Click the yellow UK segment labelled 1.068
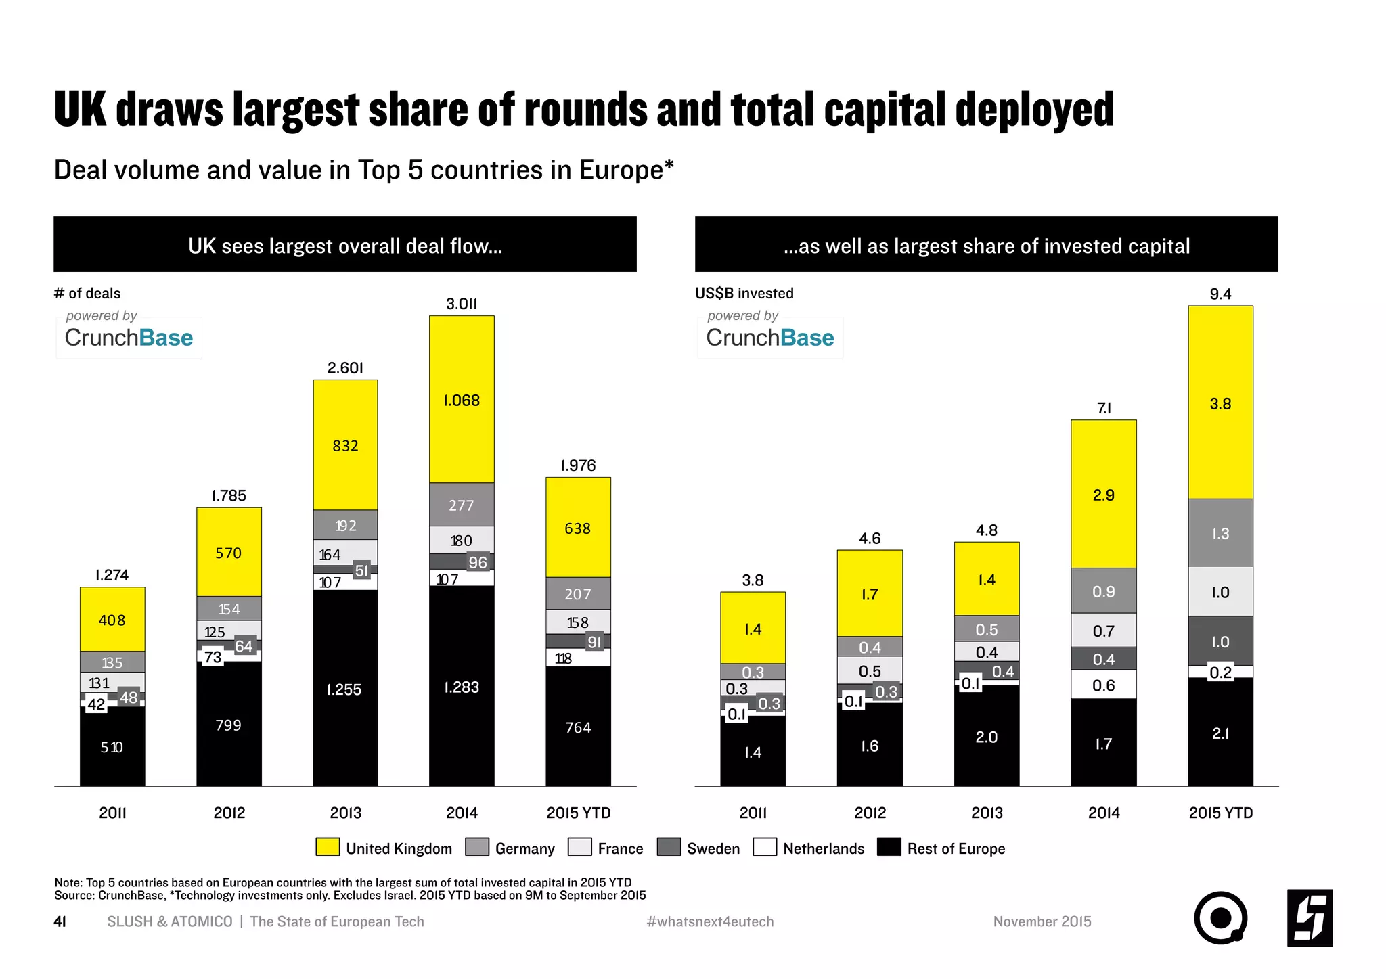(x=462, y=400)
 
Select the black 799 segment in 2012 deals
(x=229, y=725)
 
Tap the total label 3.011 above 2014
(x=462, y=304)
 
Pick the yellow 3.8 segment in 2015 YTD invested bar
(x=1220, y=403)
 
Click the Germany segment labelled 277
(x=462, y=505)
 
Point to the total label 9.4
(x=1220, y=294)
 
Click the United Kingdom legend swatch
(x=328, y=847)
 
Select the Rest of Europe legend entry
(x=941, y=848)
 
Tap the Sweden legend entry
(x=698, y=848)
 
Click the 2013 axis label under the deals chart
(x=345, y=813)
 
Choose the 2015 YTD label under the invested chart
(x=1220, y=813)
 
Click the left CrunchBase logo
(x=129, y=337)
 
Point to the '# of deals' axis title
(x=87, y=293)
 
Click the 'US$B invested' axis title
(x=744, y=293)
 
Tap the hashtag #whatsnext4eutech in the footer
(x=710, y=921)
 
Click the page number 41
(x=60, y=921)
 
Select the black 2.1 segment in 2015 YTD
(x=1220, y=733)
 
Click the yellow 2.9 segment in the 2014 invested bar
(x=1103, y=495)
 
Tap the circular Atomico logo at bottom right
(x=1220, y=918)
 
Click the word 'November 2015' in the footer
(x=1042, y=921)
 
